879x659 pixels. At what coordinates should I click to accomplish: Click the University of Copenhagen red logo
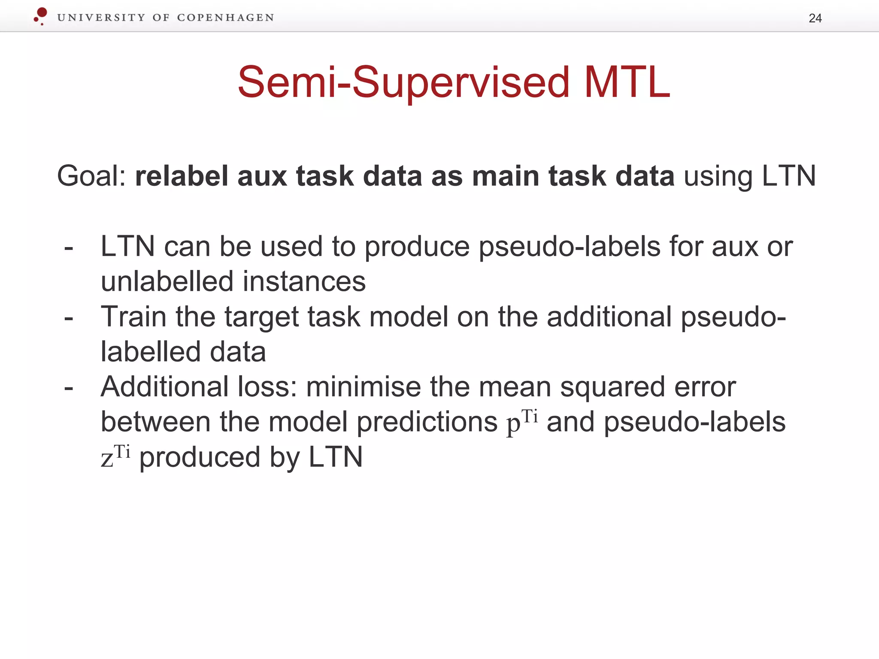(41, 16)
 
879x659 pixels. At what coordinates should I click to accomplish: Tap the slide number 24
(815, 18)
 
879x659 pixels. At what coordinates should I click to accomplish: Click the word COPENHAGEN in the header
(225, 18)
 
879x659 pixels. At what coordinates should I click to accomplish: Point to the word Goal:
(91, 176)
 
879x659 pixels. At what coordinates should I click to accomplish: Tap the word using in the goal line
(718, 176)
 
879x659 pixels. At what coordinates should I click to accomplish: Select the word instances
(304, 281)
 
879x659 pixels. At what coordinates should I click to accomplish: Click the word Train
(133, 317)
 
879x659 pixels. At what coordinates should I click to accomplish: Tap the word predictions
(427, 422)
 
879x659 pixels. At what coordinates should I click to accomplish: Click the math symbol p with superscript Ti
(521, 421)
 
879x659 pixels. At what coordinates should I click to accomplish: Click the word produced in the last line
(200, 457)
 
